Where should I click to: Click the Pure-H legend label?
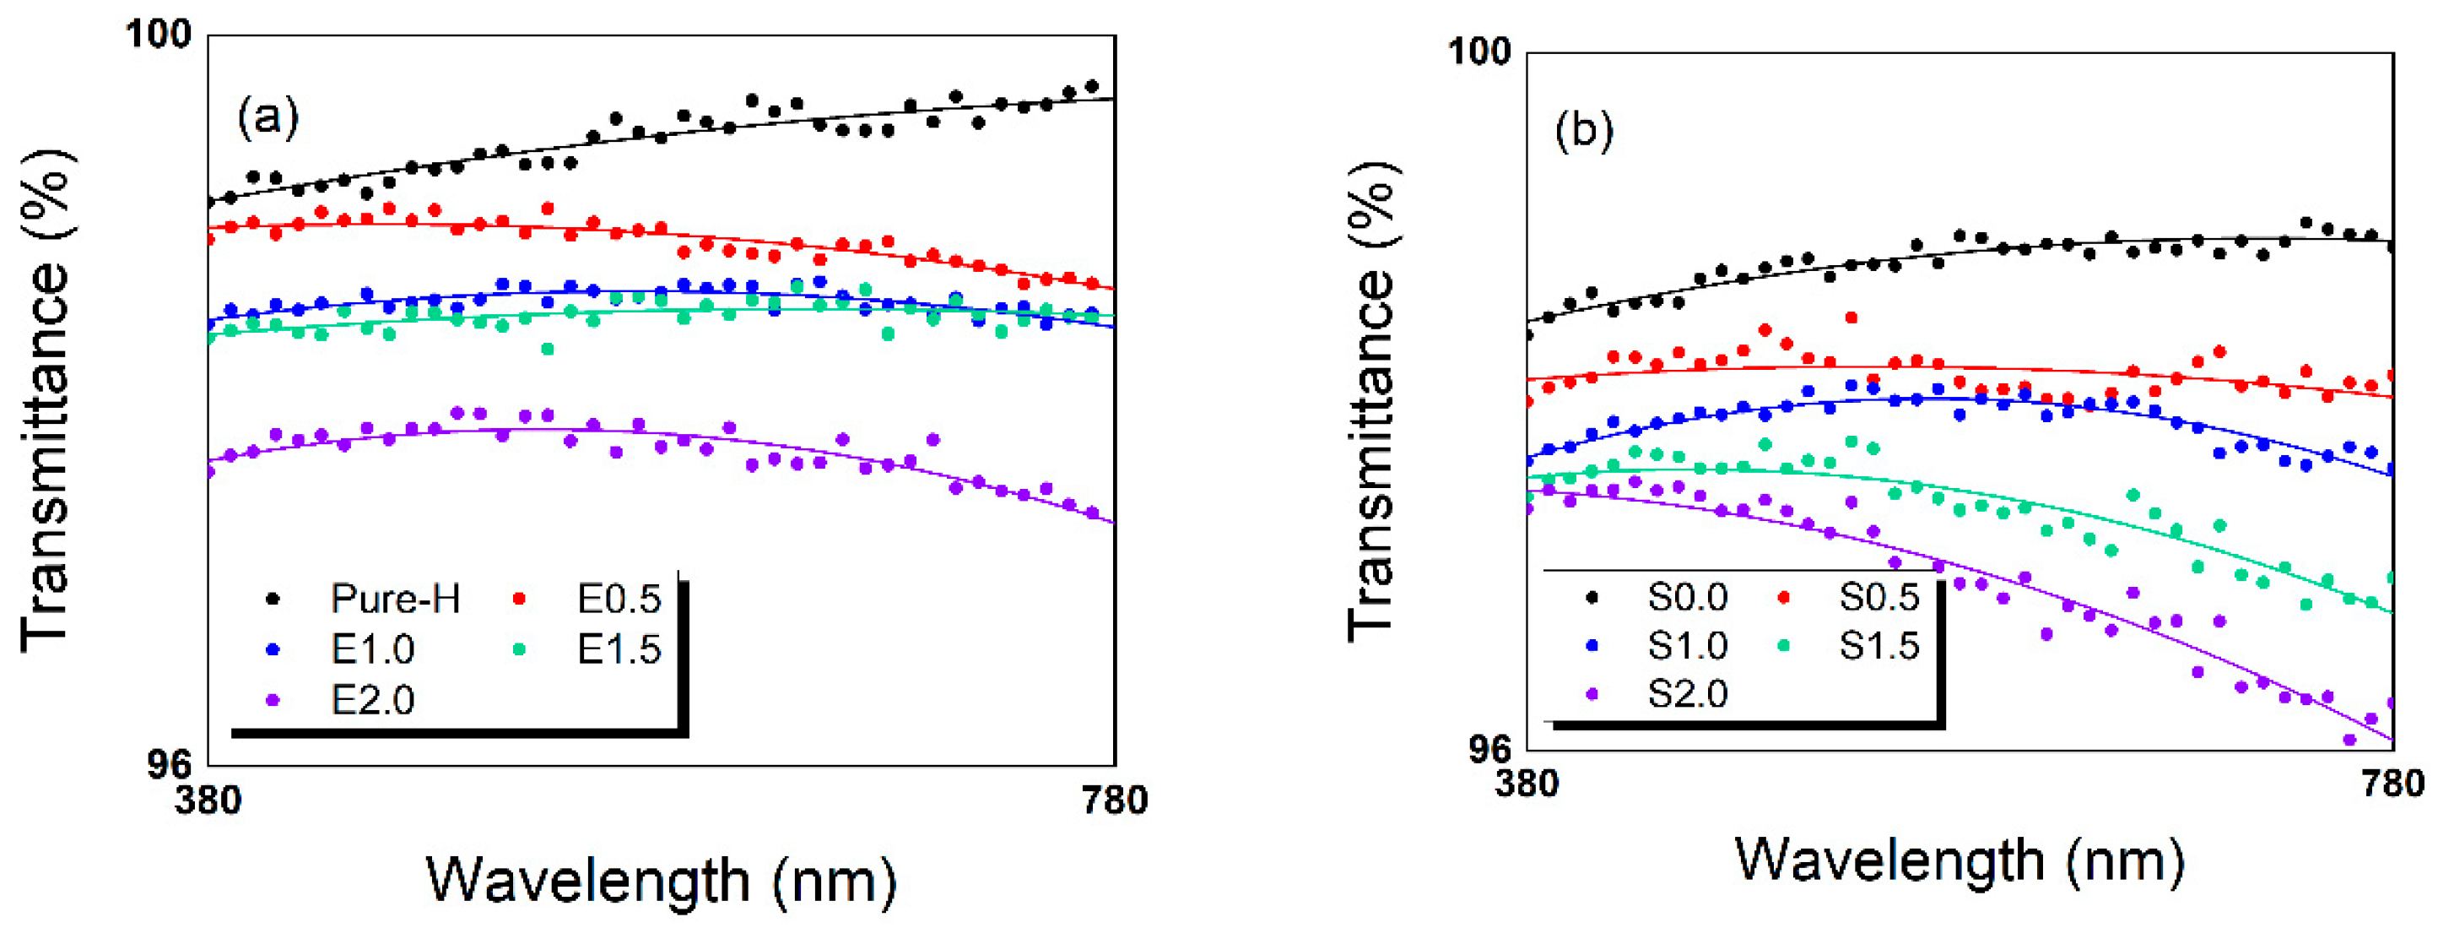396,599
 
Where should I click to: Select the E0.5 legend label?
619,599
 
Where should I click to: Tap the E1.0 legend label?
373,649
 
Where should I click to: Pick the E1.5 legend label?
619,649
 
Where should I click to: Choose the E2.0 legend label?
373,701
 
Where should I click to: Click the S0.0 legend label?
1688,596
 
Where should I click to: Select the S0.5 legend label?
1879,596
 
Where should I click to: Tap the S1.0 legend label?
1688,646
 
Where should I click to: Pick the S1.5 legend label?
1879,646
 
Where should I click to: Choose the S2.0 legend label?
1688,695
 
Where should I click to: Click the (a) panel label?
268,117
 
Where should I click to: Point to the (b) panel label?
1583,131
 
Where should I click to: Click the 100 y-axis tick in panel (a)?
159,35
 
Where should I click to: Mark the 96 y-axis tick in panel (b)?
1489,750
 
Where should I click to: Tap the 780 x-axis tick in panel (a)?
1114,801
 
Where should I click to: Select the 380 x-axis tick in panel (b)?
1527,784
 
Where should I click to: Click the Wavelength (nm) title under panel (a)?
662,881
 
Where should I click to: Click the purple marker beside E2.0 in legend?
273,701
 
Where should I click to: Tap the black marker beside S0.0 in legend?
1592,596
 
